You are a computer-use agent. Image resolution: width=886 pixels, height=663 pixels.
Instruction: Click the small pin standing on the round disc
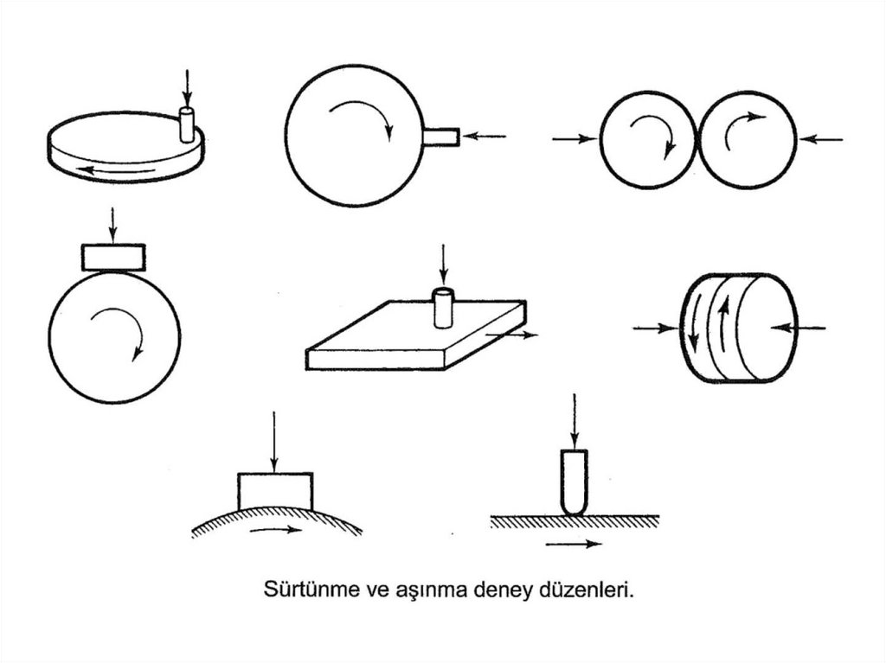pyautogui.click(x=187, y=124)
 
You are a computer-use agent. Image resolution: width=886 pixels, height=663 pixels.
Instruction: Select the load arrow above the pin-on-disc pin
pyautogui.click(x=187, y=88)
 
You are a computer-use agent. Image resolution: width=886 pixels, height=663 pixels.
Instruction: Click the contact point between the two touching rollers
pyautogui.click(x=698, y=138)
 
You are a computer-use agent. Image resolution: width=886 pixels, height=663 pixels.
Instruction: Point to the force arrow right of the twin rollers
pyautogui.click(x=822, y=139)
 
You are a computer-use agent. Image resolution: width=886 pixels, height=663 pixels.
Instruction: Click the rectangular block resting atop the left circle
pyautogui.click(x=113, y=258)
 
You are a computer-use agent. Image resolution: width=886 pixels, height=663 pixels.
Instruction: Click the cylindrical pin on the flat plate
pyautogui.click(x=444, y=307)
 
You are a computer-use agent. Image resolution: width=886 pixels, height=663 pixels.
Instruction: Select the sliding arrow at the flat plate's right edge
pyautogui.click(x=511, y=335)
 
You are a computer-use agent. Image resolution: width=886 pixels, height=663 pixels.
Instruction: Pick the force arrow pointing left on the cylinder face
pyautogui.click(x=798, y=328)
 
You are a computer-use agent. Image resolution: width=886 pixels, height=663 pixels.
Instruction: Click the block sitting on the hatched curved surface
pyautogui.click(x=275, y=491)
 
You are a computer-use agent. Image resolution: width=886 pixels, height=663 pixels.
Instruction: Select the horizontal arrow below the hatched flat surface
pyautogui.click(x=575, y=544)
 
